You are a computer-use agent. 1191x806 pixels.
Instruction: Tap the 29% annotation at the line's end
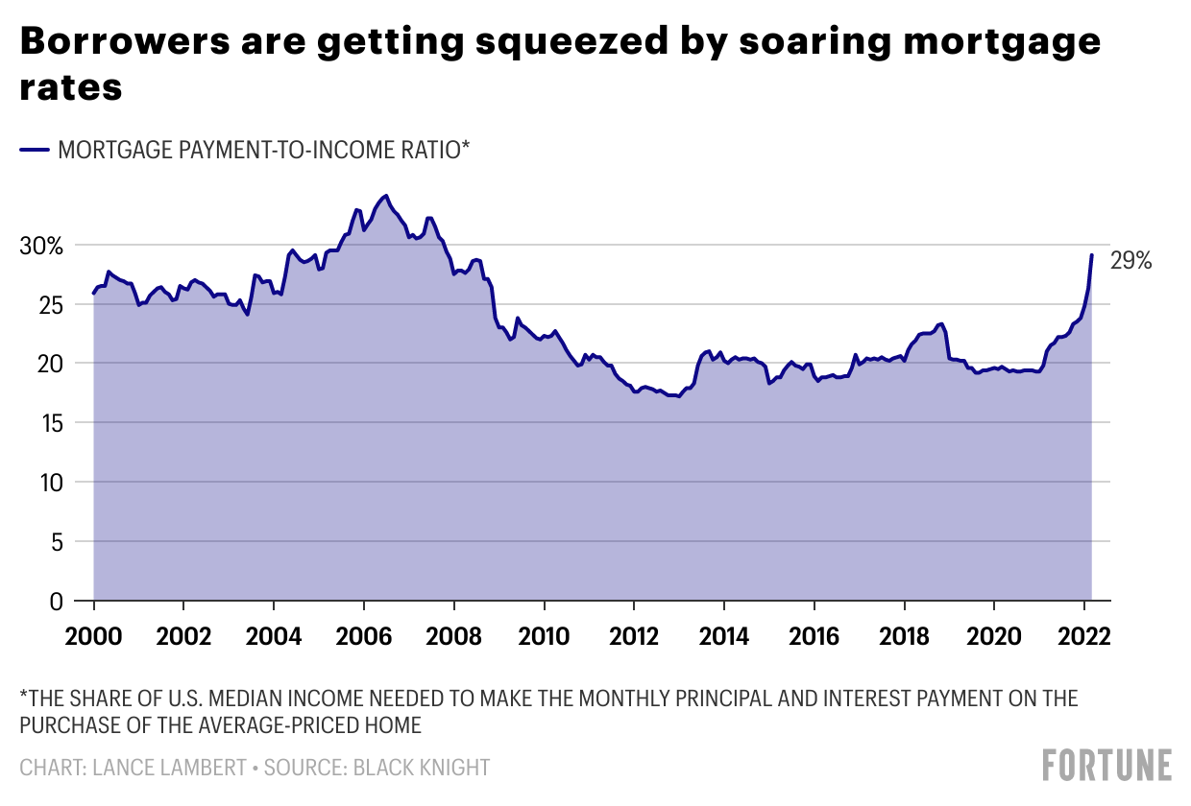pos(1130,260)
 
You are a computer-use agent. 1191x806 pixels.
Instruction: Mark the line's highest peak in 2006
pos(385,196)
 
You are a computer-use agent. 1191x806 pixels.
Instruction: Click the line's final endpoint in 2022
pos(1091,255)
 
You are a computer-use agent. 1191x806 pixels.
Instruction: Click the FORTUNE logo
pos(1107,765)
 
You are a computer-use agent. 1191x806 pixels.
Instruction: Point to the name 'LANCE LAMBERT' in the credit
pos(163,768)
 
